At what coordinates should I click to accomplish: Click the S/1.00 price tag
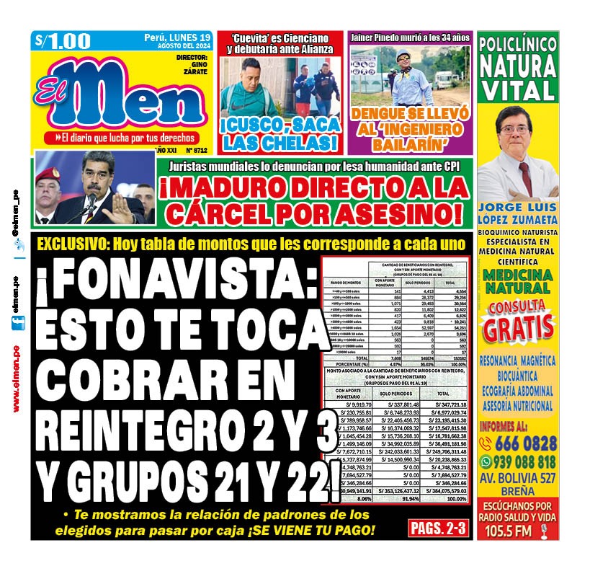click(x=63, y=42)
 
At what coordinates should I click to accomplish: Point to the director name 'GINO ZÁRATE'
click(x=195, y=66)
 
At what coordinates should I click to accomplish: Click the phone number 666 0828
click(x=527, y=443)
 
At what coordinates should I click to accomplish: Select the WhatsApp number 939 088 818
click(x=527, y=462)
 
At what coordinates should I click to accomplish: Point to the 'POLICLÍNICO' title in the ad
click(x=517, y=44)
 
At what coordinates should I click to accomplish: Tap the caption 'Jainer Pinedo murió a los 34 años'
click(x=410, y=37)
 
